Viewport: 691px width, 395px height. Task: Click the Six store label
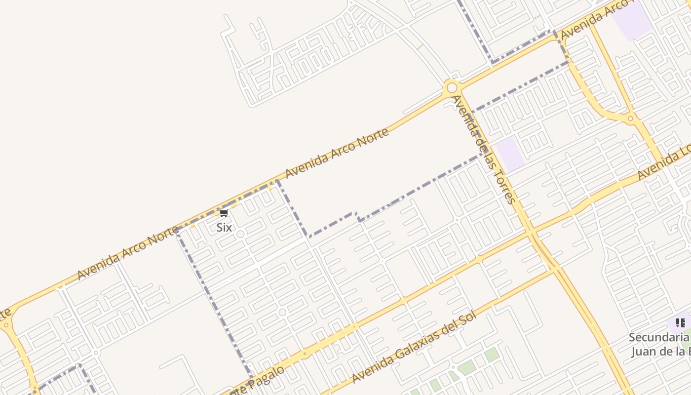[224, 228]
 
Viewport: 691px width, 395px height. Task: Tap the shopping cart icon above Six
[224, 213]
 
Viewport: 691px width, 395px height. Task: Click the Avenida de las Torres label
[484, 149]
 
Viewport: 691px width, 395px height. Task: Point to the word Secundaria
[659, 338]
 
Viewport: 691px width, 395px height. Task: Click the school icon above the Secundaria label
[681, 323]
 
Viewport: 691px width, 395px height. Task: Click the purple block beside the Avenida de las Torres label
[510, 154]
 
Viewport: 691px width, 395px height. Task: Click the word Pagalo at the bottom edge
[269, 377]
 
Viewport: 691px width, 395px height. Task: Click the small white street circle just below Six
[240, 234]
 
